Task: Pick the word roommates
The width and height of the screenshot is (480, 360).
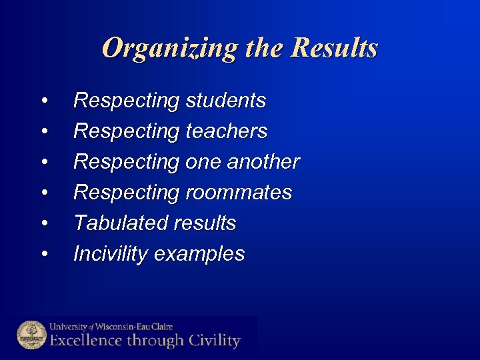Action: [x=238, y=193]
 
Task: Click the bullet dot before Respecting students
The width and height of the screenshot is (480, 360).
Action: [x=44, y=101]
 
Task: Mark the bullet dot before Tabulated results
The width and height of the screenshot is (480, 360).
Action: [x=44, y=223]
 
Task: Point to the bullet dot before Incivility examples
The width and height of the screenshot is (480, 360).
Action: [x=44, y=254]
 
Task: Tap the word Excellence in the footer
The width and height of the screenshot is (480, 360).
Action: [x=84, y=341]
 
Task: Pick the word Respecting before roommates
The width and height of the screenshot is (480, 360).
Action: [x=126, y=193]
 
